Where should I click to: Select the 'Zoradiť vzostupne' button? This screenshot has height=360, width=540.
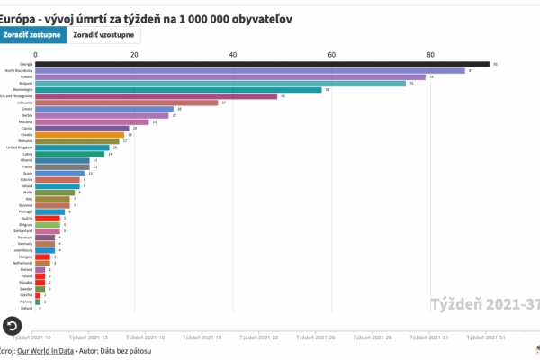(104, 35)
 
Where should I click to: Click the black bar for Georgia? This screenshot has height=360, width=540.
(261, 64)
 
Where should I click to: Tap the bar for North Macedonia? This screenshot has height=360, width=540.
(250, 70)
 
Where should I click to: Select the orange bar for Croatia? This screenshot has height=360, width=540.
(79, 135)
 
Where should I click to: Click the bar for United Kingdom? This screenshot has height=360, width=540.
(72, 148)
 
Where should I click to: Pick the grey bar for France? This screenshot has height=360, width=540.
(62, 166)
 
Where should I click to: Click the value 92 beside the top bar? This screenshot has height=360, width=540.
(495, 64)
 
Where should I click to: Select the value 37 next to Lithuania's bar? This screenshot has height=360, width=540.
(223, 103)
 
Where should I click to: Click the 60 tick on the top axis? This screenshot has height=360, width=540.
(332, 54)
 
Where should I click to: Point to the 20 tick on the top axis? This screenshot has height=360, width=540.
(134, 54)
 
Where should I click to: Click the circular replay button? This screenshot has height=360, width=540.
(13, 326)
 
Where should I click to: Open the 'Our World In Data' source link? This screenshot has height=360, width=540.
(44, 350)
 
